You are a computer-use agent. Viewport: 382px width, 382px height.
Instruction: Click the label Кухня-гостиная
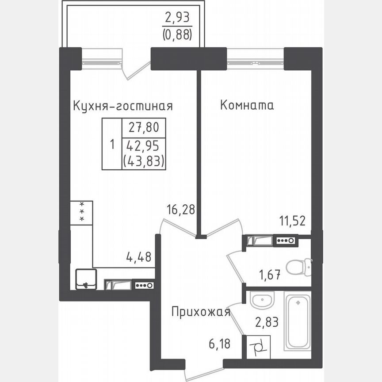[122, 106]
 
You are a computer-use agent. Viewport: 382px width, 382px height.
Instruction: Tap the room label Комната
[247, 106]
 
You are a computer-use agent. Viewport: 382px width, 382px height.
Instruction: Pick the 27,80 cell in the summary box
[144, 128]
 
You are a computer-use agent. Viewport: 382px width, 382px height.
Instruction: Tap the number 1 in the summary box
[112, 144]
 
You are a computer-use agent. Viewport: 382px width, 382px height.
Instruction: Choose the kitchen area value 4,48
[139, 256]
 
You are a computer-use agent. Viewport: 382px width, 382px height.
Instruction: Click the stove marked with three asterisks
[81, 213]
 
